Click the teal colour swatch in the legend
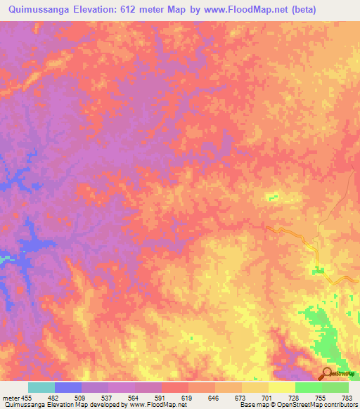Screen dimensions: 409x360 41,387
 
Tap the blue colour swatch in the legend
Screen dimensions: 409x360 68,387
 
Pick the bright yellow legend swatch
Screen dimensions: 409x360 282,387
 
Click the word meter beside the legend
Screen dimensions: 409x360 9,398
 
